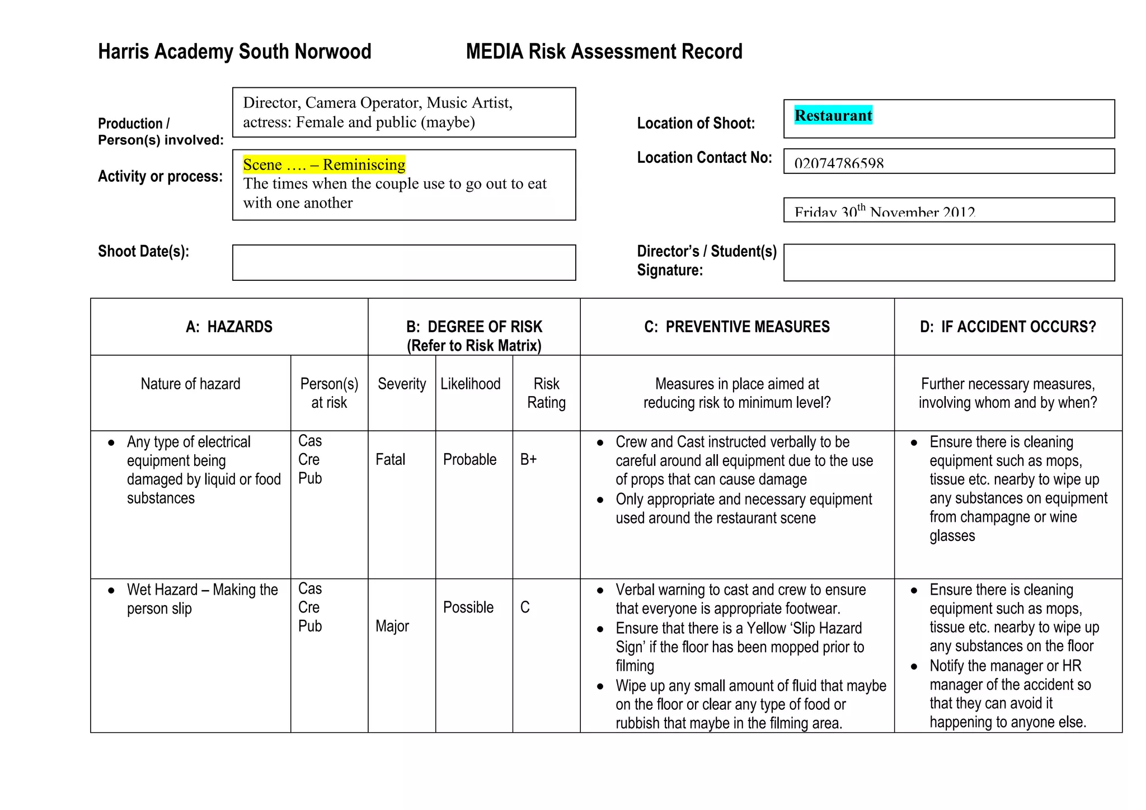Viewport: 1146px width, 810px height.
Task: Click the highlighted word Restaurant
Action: [x=833, y=115]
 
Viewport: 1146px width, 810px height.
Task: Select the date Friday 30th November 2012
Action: [x=884, y=211]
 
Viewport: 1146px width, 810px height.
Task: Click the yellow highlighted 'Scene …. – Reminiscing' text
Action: [x=324, y=164]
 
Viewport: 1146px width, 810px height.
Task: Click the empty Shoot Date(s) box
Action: [x=403, y=262]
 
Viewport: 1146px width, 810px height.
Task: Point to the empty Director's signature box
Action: [x=948, y=262]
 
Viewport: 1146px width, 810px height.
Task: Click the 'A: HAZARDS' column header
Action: [x=229, y=327]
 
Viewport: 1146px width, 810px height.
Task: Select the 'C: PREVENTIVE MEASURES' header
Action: [x=736, y=327]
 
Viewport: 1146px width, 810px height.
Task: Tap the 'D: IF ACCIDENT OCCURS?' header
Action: [x=1007, y=327]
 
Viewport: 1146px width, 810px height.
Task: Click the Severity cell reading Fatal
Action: [x=390, y=460]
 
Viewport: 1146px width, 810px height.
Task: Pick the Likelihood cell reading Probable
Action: [x=469, y=460]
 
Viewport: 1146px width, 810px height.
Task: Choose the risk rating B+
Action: [x=528, y=460]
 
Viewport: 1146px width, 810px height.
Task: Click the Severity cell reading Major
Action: [x=392, y=626]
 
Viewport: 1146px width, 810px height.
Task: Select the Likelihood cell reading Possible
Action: [x=468, y=607]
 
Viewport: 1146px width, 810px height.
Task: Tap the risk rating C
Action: [x=524, y=607]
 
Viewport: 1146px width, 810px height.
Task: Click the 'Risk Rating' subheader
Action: [x=546, y=393]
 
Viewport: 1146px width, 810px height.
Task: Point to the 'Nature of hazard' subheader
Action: [x=190, y=384]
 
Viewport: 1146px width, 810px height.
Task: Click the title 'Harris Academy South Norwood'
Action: [x=234, y=51]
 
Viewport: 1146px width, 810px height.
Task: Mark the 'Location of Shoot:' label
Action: [x=696, y=123]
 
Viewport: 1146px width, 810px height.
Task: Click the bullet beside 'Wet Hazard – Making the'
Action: [x=111, y=591]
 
